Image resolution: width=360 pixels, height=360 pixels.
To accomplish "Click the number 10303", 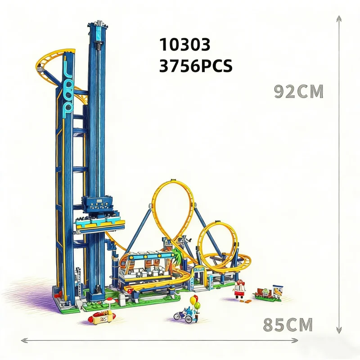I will (x=185, y=45).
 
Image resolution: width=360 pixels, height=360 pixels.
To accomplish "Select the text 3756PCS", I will (x=196, y=66).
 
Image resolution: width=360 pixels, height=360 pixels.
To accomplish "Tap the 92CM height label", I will (x=299, y=91).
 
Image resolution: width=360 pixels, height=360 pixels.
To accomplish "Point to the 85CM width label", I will (x=288, y=324).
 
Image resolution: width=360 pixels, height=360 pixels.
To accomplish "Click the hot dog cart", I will (x=99, y=319).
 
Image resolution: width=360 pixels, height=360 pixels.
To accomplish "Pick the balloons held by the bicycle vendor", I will (x=194, y=300).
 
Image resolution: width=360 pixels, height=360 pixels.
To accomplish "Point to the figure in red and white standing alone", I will (x=239, y=289).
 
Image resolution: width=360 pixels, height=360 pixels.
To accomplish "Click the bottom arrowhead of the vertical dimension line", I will (x=339, y=333).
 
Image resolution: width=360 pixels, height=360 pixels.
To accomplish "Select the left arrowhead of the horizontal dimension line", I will (x=22, y=341).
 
